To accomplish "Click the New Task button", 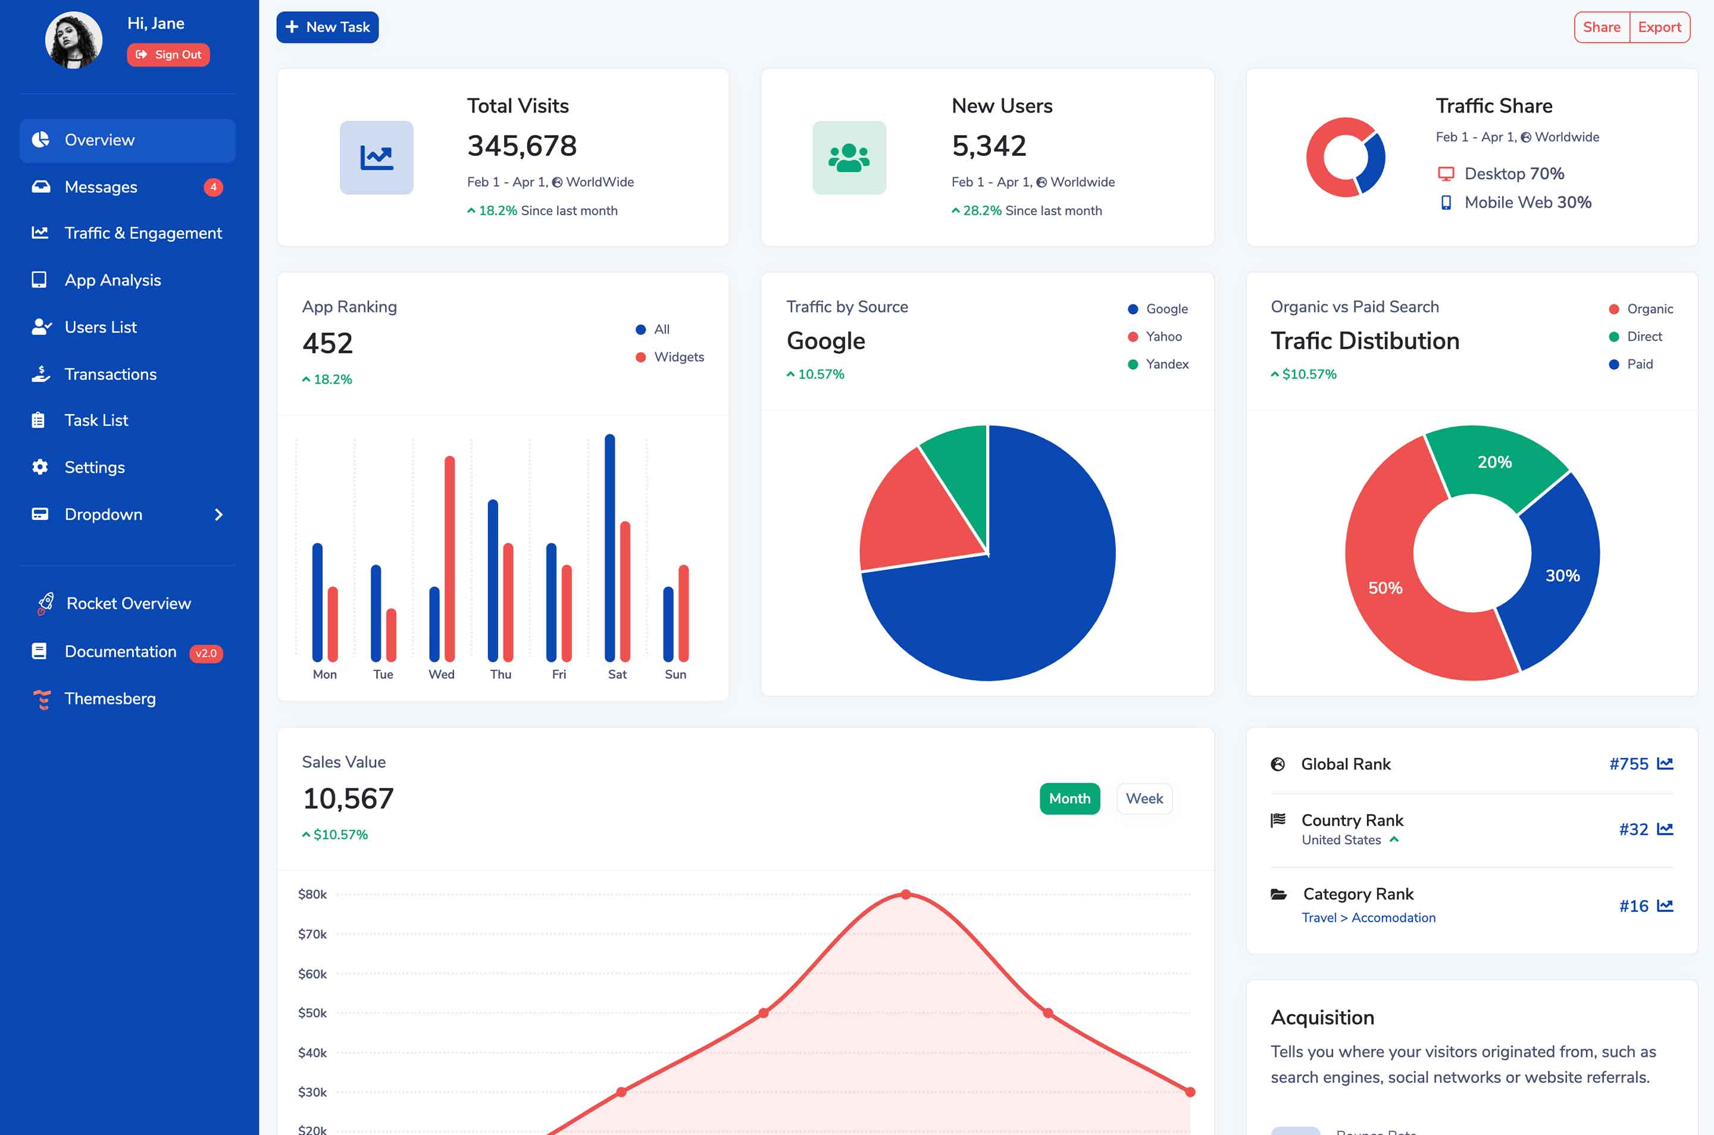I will (x=327, y=27).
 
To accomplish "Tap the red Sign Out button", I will (x=168, y=55).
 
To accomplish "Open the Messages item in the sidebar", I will (x=101, y=187).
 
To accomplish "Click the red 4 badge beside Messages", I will (x=213, y=187).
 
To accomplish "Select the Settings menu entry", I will (x=94, y=468).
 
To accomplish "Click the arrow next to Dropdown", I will (x=218, y=515).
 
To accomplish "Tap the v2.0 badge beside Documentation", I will (x=206, y=653).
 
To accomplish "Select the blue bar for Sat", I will (x=609, y=547).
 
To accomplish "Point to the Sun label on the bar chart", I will (x=675, y=675).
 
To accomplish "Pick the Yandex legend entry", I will (x=1166, y=364).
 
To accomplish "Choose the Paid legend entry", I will (x=1638, y=364).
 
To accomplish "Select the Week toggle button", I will (x=1143, y=798).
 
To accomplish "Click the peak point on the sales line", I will (x=906, y=895).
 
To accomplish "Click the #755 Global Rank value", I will (x=1628, y=764).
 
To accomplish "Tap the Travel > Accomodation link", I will (x=1368, y=918).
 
